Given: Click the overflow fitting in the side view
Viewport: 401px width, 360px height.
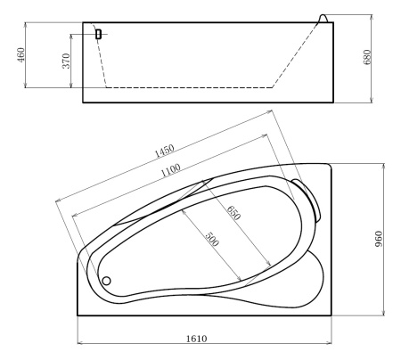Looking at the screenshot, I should (x=98, y=34).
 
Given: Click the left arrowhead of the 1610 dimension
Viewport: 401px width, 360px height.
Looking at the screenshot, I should (x=80, y=344).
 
